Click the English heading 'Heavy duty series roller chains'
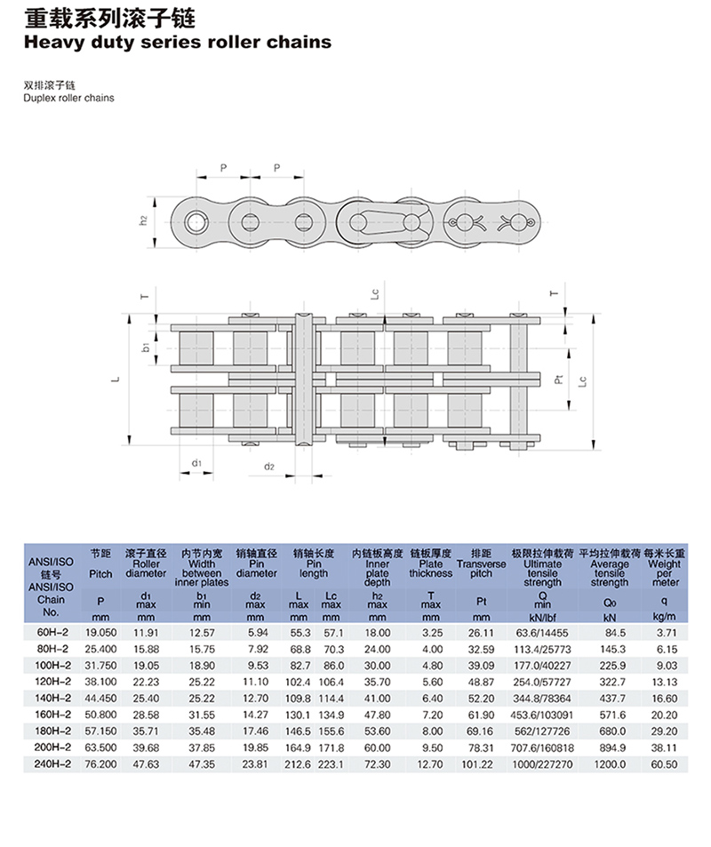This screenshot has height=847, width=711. [x=177, y=42]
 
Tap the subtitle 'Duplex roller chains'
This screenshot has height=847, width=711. [x=68, y=98]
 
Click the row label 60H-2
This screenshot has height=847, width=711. [x=52, y=632]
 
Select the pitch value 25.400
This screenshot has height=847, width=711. [x=100, y=649]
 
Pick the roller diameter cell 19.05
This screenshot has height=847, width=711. [x=146, y=666]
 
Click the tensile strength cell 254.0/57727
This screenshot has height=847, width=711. [x=542, y=683]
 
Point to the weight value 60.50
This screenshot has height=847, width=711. [x=664, y=764]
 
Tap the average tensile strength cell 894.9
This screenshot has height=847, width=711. [x=612, y=748]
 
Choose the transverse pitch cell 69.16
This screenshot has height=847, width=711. [x=481, y=731]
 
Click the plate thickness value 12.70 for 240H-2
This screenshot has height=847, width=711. [x=429, y=764]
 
